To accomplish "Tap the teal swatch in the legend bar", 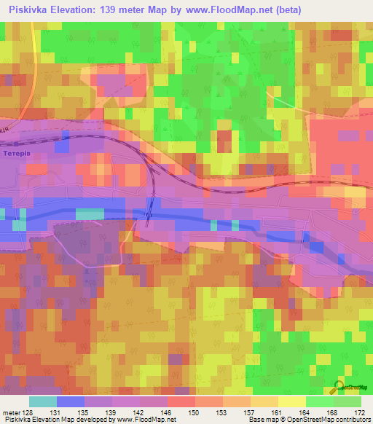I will (42, 401).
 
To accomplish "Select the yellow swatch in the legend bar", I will (292, 401).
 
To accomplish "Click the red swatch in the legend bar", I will (181, 401).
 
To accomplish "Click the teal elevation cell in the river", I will (90, 213).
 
